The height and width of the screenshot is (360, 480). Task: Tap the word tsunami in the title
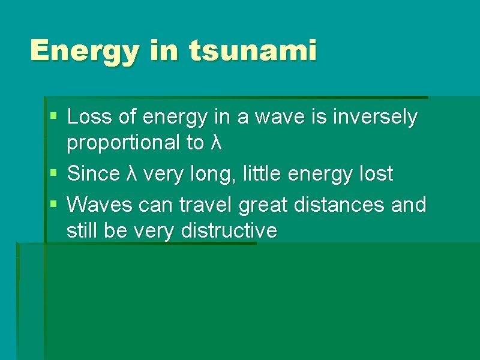click(x=252, y=50)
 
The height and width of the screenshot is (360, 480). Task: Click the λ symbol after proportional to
click(x=217, y=143)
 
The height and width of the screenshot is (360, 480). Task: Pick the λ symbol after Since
click(x=133, y=174)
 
